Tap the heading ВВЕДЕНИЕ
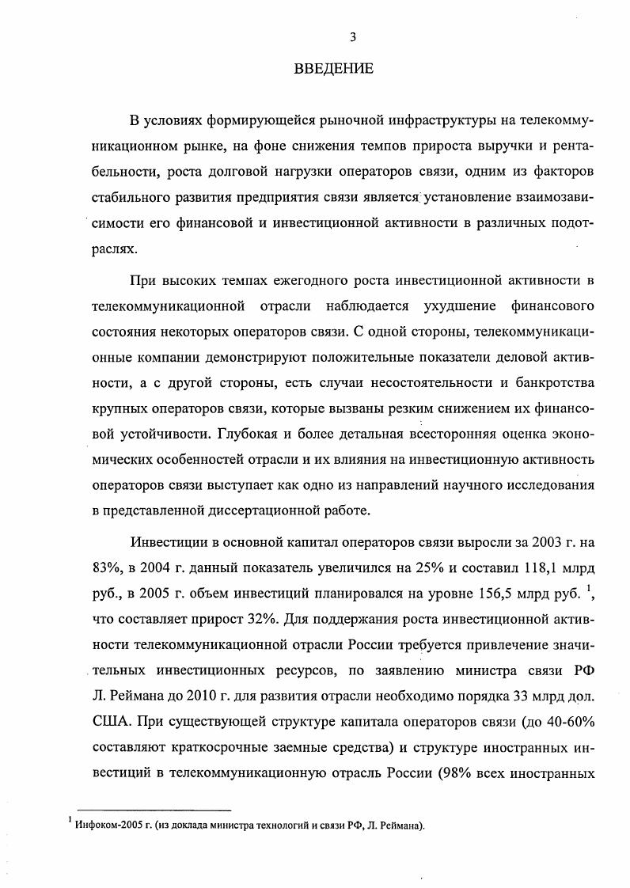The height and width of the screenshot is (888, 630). pyautogui.click(x=333, y=69)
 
